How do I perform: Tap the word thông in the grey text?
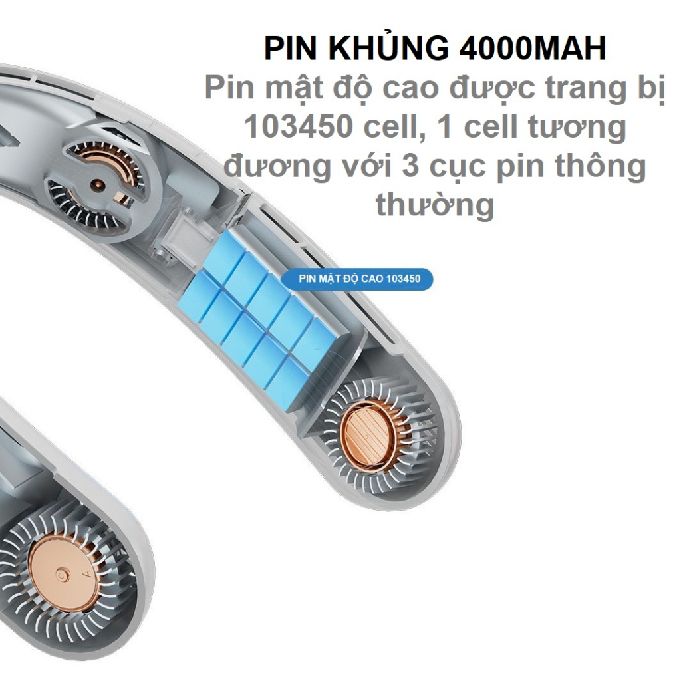tap(597, 166)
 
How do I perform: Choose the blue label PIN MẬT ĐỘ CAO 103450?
tap(356, 279)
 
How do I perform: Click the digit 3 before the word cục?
tap(410, 166)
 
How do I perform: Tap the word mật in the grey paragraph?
tap(289, 88)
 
